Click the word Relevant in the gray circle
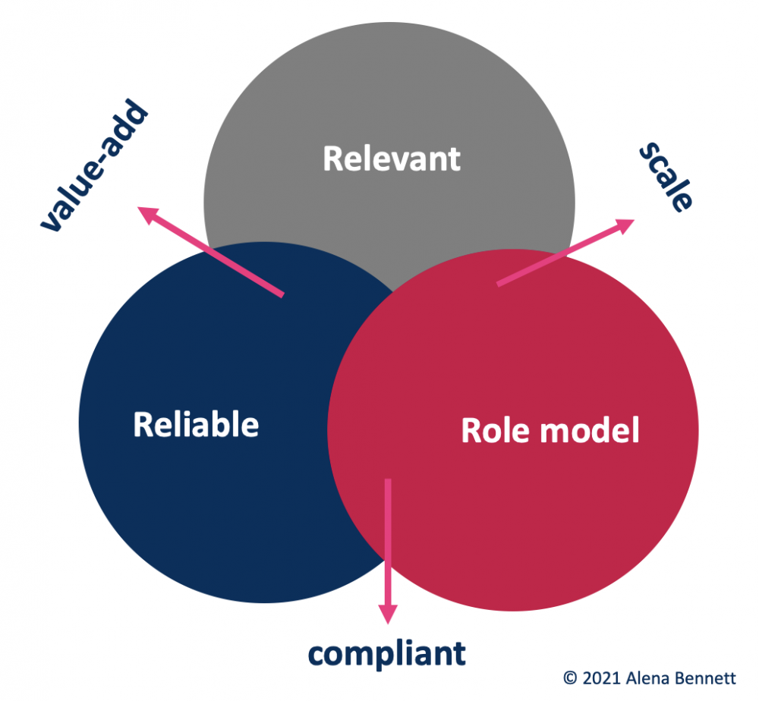click(392, 159)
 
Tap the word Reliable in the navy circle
click(196, 424)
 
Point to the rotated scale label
click(666, 178)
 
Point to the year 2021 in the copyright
click(597, 677)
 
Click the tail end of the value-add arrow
click(282, 294)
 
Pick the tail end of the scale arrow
click(499, 284)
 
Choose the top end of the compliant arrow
click(389, 481)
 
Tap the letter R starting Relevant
click(332, 159)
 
